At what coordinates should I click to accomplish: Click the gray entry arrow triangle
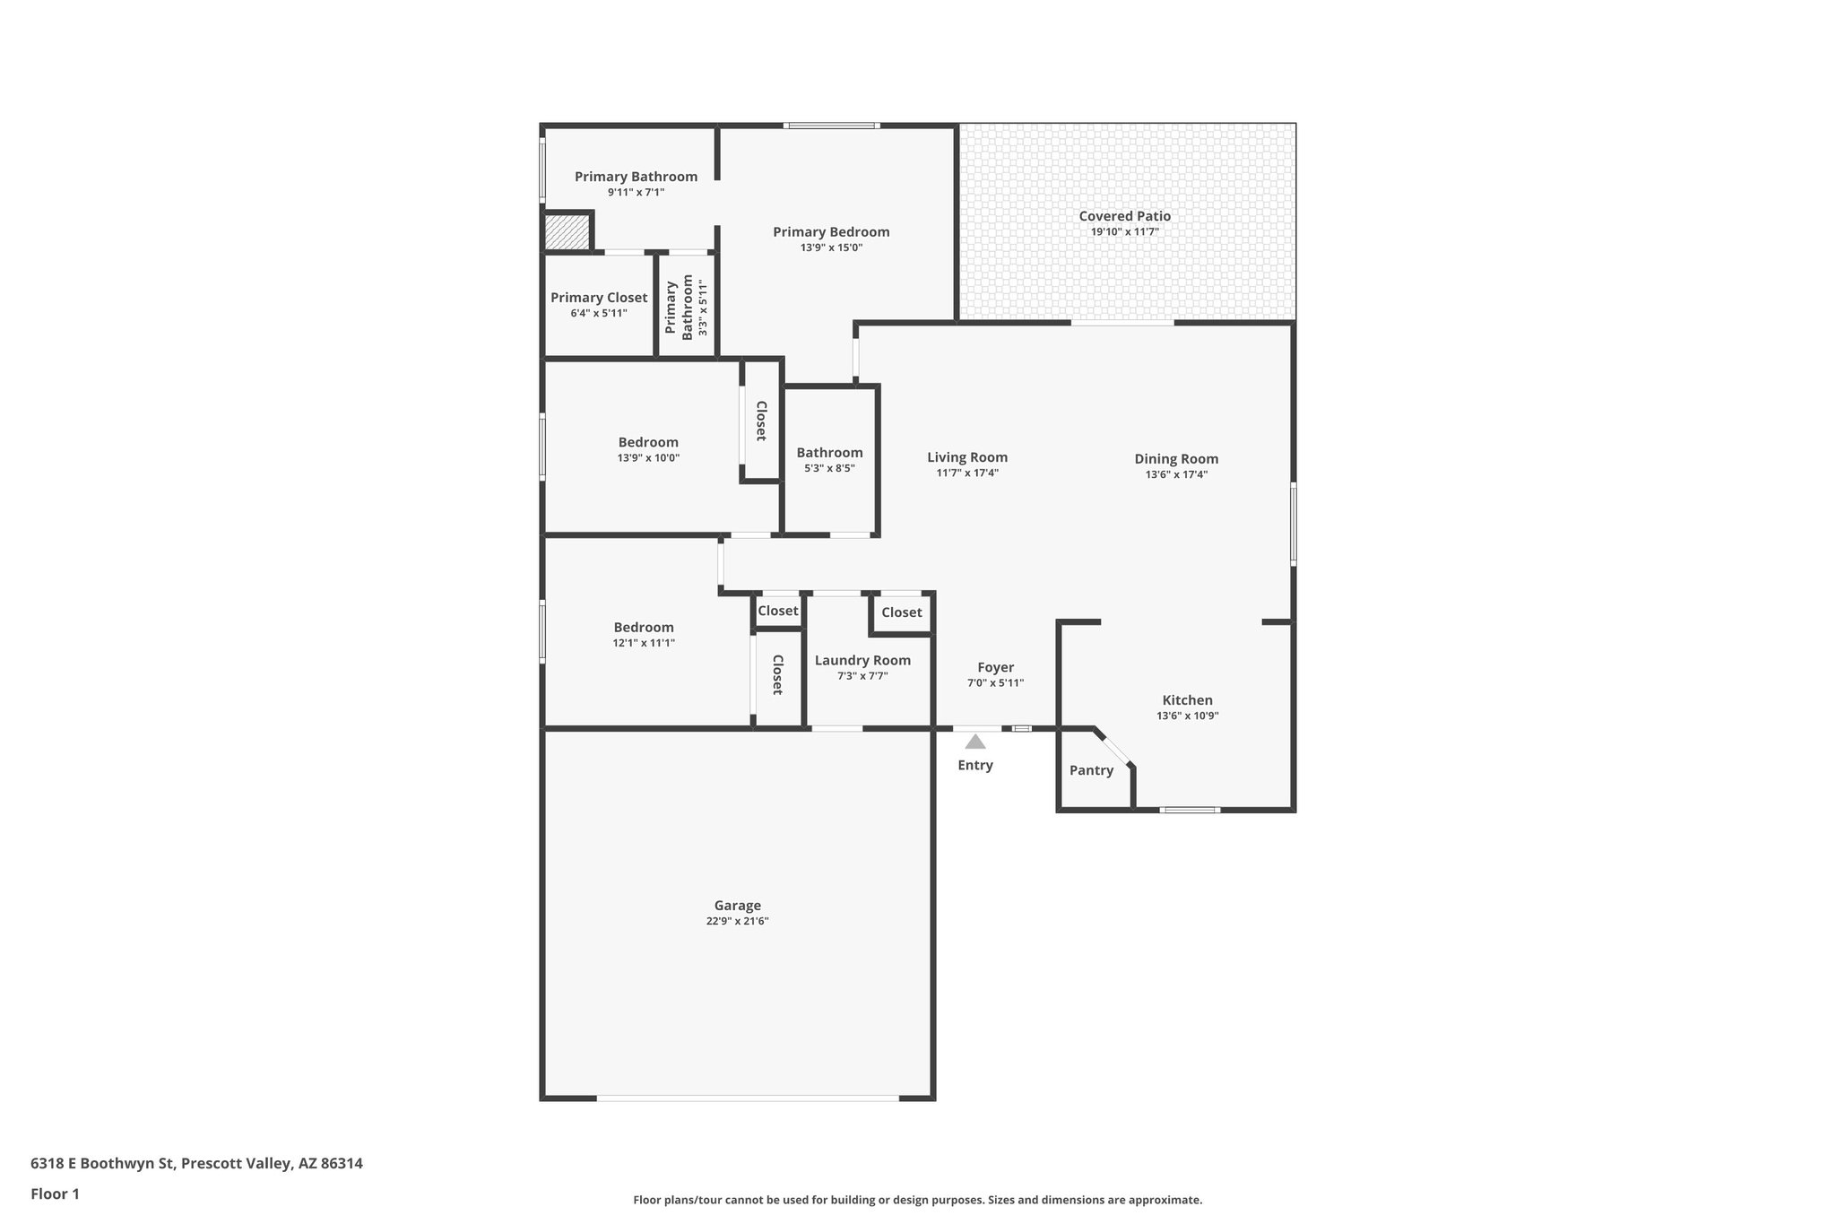click(975, 742)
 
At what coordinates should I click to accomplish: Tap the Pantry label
click(1091, 770)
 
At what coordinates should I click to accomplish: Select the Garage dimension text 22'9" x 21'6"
click(737, 921)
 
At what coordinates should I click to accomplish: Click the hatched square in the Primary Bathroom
click(567, 232)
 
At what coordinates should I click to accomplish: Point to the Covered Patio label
click(1124, 216)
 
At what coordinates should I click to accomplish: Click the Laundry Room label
click(862, 661)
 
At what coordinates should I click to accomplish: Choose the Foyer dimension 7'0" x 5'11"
click(995, 683)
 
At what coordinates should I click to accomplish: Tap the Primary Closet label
click(598, 298)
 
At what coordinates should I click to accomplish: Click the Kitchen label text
click(1187, 700)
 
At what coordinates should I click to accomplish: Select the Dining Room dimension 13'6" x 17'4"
click(1176, 474)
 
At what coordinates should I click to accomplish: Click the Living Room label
click(967, 457)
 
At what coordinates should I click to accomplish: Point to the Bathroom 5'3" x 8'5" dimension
click(829, 468)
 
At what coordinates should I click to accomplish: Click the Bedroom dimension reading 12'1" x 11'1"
click(644, 643)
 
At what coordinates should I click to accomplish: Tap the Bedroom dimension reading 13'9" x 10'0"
click(648, 458)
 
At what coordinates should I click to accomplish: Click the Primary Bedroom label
click(831, 232)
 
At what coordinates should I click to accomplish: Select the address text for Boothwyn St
click(196, 1163)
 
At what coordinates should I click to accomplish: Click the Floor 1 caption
click(55, 1194)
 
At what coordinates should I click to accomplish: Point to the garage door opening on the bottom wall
click(748, 1098)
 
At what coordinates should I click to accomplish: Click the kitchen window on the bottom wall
click(1190, 810)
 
